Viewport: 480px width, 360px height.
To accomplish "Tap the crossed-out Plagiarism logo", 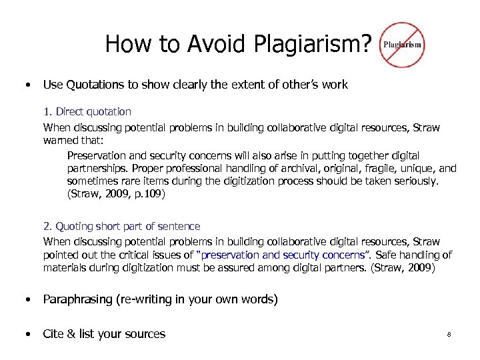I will pos(401,44).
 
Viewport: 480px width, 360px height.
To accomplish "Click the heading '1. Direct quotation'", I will pos(87,111).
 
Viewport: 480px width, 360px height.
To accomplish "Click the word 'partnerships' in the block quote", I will pos(97,169).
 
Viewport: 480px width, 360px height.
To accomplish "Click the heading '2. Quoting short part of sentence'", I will pos(121,227).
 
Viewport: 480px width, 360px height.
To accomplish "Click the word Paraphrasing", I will pos(79,299).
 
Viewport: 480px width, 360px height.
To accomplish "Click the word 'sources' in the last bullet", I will pos(141,334).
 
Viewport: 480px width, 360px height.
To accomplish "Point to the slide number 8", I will pos(449,334).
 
